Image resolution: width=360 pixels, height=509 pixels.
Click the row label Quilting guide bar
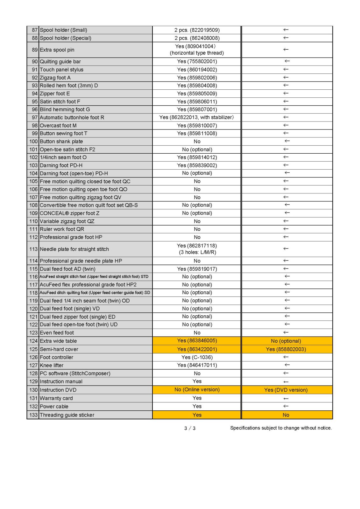pyautogui.click(x=60, y=61)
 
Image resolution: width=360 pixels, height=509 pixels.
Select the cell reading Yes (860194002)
pyautogui.click(x=197, y=69)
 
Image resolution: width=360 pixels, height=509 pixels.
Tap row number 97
pyautogui.click(x=34, y=117)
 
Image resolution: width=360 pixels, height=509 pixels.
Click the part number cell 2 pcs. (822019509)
pyautogui.click(x=197, y=30)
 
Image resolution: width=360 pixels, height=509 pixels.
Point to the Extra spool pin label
pyautogui.click(x=57, y=50)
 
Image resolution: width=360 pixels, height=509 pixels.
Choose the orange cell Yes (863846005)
pyautogui.click(x=197, y=341)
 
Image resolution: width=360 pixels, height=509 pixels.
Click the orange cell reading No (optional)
pyautogui.click(x=286, y=341)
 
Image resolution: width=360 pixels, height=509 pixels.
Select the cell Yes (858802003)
pyautogui.click(x=286, y=349)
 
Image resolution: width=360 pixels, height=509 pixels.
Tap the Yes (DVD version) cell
pyautogui.click(x=286, y=390)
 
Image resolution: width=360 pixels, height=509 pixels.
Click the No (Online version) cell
pyautogui.click(x=197, y=390)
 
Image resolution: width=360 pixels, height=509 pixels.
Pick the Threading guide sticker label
pyautogui.click(x=67, y=415)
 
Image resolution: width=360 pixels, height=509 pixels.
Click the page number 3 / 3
pyautogui.click(x=190, y=428)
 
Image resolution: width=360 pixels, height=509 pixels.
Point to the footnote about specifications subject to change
pyautogui.click(x=281, y=428)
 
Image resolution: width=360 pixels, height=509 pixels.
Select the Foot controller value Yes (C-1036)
pyautogui.click(x=197, y=357)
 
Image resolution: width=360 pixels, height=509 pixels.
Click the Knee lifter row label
pyautogui.click(x=52, y=365)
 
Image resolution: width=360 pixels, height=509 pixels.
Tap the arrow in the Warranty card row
pyautogui.click(x=286, y=399)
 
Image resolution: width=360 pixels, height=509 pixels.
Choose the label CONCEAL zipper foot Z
pyautogui.click(x=69, y=213)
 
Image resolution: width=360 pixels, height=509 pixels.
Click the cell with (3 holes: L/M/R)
pyautogui.click(x=197, y=252)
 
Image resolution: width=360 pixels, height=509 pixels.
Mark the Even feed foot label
pyautogui.click(x=57, y=333)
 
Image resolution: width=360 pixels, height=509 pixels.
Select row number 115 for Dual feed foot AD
pyautogui.click(x=33, y=269)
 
